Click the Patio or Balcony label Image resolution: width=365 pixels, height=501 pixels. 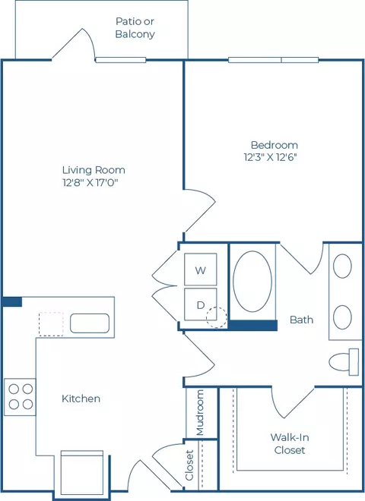pyautogui.click(x=135, y=28)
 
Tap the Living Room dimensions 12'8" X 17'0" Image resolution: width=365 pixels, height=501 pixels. pyautogui.click(x=90, y=183)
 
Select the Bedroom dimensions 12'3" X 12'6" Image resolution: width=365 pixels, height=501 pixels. pyautogui.click(x=271, y=157)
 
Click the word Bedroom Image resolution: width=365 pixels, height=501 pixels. pyautogui.click(x=275, y=145)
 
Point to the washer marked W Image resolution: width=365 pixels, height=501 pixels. pyautogui.click(x=201, y=269)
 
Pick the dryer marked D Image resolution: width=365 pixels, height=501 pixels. pyautogui.click(x=201, y=304)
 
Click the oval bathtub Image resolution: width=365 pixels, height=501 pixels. pyautogui.click(x=252, y=282)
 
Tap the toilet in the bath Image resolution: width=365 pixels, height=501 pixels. pyautogui.click(x=344, y=361)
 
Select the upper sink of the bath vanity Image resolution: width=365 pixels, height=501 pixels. pyautogui.click(x=342, y=266)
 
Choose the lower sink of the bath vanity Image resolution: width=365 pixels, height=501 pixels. pyautogui.click(x=342, y=317)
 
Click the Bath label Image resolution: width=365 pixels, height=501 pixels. pyautogui.click(x=301, y=320)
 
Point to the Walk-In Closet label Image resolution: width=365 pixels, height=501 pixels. pyautogui.click(x=290, y=443)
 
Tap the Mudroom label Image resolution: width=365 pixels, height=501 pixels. pyautogui.click(x=200, y=412)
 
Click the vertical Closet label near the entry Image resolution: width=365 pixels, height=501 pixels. pyautogui.click(x=189, y=465)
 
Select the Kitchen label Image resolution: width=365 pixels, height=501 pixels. pyautogui.click(x=81, y=399)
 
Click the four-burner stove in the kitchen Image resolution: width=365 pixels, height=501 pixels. pyautogui.click(x=20, y=397)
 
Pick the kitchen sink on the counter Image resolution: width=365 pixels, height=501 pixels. pyautogui.click(x=90, y=323)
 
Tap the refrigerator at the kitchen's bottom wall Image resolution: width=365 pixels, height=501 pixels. pyautogui.click(x=82, y=472)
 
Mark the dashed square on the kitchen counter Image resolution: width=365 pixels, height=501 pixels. pyautogui.click(x=51, y=324)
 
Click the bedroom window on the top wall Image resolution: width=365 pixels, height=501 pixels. pyautogui.click(x=274, y=60)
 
